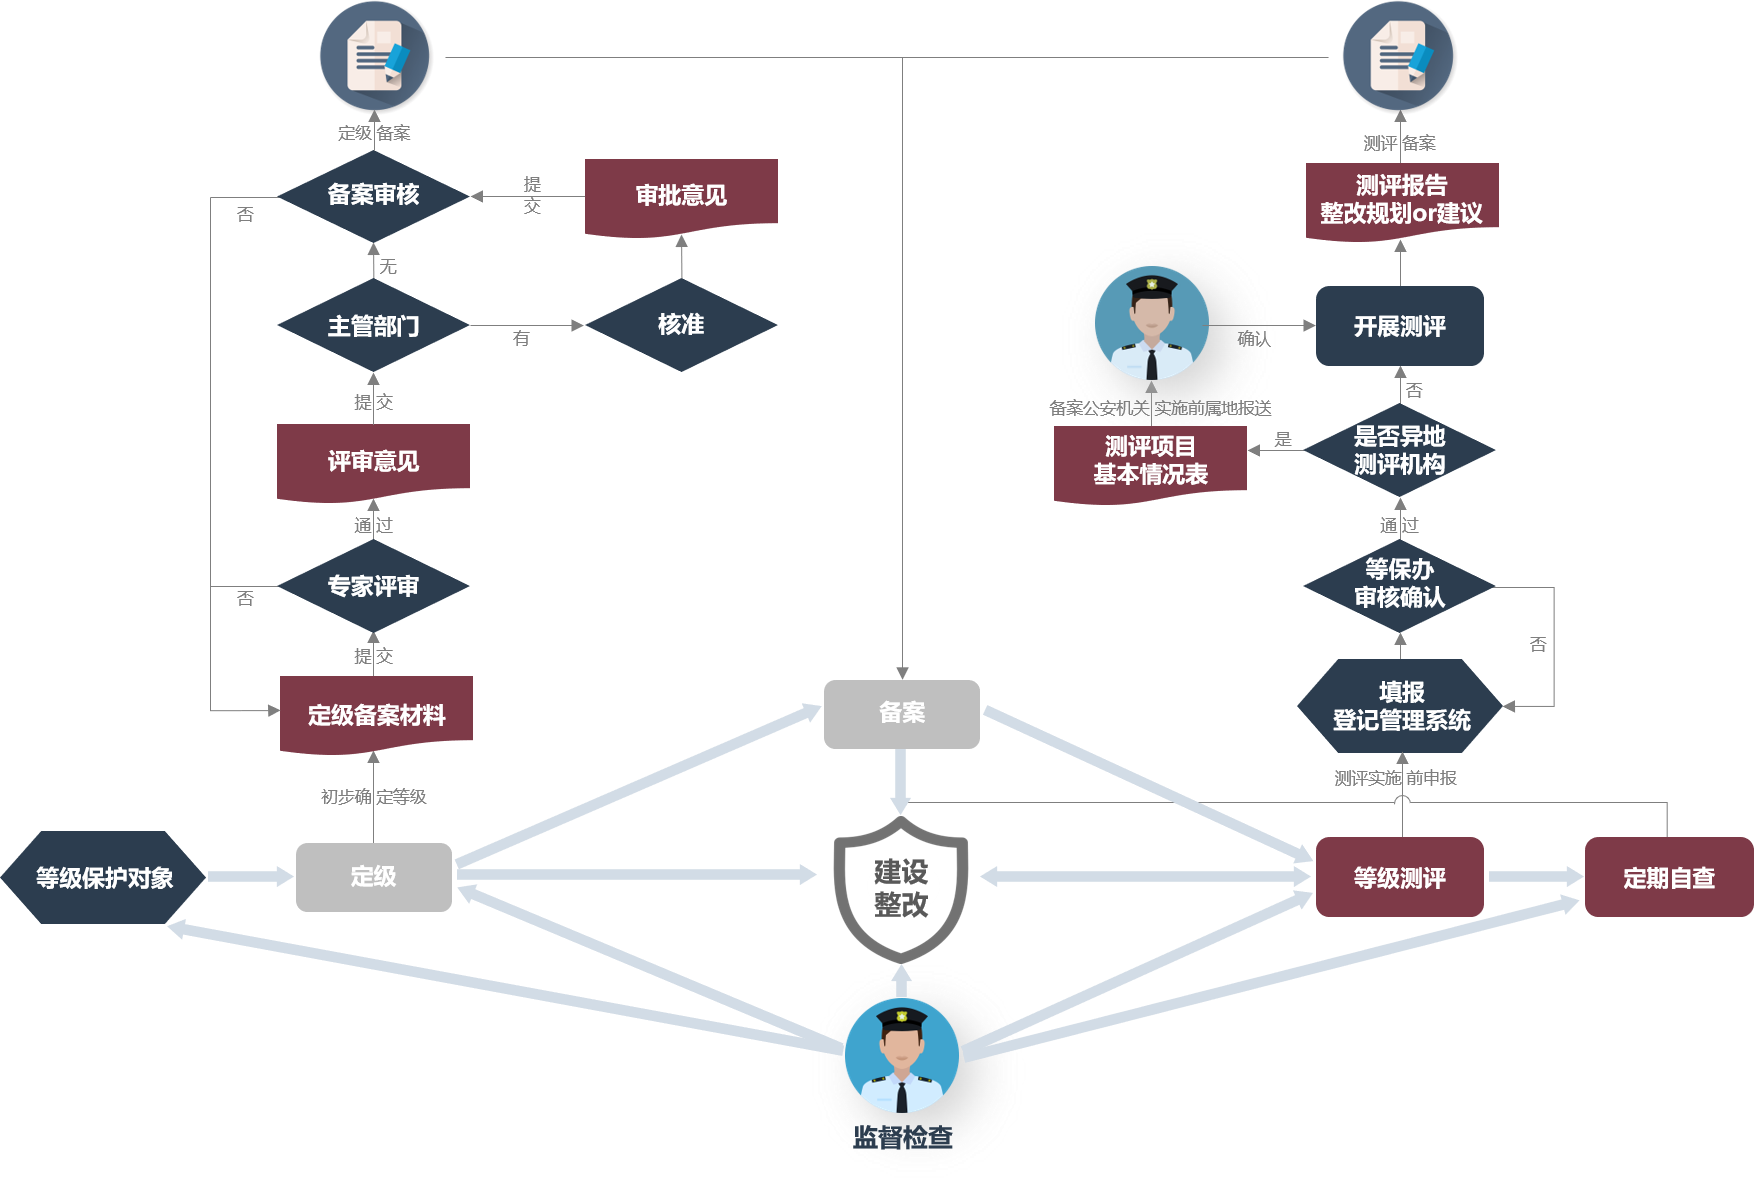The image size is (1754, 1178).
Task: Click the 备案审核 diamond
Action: (x=373, y=195)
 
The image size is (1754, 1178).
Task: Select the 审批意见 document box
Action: (x=681, y=196)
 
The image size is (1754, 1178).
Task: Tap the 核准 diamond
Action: (x=681, y=325)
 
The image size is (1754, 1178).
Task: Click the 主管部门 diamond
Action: (x=373, y=326)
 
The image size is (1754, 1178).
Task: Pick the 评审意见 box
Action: (x=373, y=461)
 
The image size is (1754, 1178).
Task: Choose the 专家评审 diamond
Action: (x=373, y=586)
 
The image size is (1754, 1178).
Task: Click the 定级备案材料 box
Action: (x=376, y=714)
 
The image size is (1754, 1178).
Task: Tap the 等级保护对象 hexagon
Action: (x=104, y=877)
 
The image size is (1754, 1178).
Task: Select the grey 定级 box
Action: (x=373, y=877)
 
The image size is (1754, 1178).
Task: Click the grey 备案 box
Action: (x=901, y=713)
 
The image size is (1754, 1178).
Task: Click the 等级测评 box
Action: (x=1399, y=877)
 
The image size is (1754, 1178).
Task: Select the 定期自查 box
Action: (x=1668, y=877)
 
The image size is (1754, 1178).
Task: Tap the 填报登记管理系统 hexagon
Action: (x=1400, y=706)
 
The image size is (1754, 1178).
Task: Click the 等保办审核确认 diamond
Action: (x=1399, y=584)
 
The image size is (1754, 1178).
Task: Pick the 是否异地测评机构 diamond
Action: (x=1399, y=450)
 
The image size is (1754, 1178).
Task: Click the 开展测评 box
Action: (x=1399, y=326)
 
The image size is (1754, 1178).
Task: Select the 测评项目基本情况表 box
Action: (x=1150, y=461)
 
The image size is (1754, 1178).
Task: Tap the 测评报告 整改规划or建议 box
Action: (x=1401, y=199)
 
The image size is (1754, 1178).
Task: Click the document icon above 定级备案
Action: (x=375, y=56)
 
